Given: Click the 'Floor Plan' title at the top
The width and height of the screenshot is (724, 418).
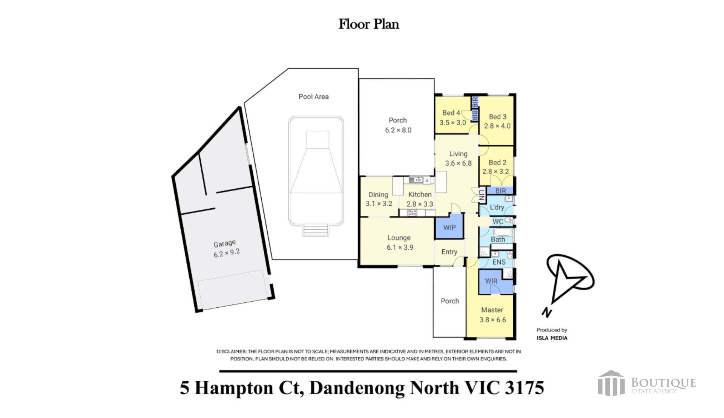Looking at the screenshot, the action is pyautogui.click(x=368, y=24).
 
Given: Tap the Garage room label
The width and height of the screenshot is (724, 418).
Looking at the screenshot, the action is pyautogui.click(x=224, y=244).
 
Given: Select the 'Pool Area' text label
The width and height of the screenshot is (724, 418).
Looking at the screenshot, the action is pyautogui.click(x=313, y=96).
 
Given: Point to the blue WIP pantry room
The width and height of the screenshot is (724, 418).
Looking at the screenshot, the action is pyautogui.click(x=449, y=226).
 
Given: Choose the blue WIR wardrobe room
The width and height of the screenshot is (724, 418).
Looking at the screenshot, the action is pyautogui.click(x=491, y=281).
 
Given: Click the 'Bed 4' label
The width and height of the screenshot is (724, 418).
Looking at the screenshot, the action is pyautogui.click(x=451, y=113).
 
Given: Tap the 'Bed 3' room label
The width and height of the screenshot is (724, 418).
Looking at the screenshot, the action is pyautogui.click(x=497, y=117).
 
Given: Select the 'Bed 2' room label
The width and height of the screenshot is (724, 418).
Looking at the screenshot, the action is pyautogui.click(x=497, y=162).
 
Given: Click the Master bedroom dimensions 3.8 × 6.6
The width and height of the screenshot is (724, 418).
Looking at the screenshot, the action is pyautogui.click(x=492, y=320).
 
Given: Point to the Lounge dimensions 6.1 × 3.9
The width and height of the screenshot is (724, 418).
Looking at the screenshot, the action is pyautogui.click(x=400, y=247).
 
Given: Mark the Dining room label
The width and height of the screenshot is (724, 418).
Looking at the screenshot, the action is pyautogui.click(x=378, y=194).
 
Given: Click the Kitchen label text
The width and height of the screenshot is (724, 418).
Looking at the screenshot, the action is pyautogui.click(x=420, y=194).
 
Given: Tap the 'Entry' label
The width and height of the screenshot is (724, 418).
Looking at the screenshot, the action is pyautogui.click(x=449, y=252).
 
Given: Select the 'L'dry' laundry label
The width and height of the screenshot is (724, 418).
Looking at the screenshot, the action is pyautogui.click(x=497, y=207).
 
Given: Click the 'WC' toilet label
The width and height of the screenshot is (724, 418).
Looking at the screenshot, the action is pyautogui.click(x=498, y=222).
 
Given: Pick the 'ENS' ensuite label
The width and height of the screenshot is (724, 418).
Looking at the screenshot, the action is pyautogui.click(x=499, y=262).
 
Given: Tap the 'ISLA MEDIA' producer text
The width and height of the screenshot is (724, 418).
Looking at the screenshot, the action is pyautogui.click(x=552, y=338).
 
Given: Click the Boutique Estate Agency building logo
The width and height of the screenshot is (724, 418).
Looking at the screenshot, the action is pyautogui.click(x=611, y=383).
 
